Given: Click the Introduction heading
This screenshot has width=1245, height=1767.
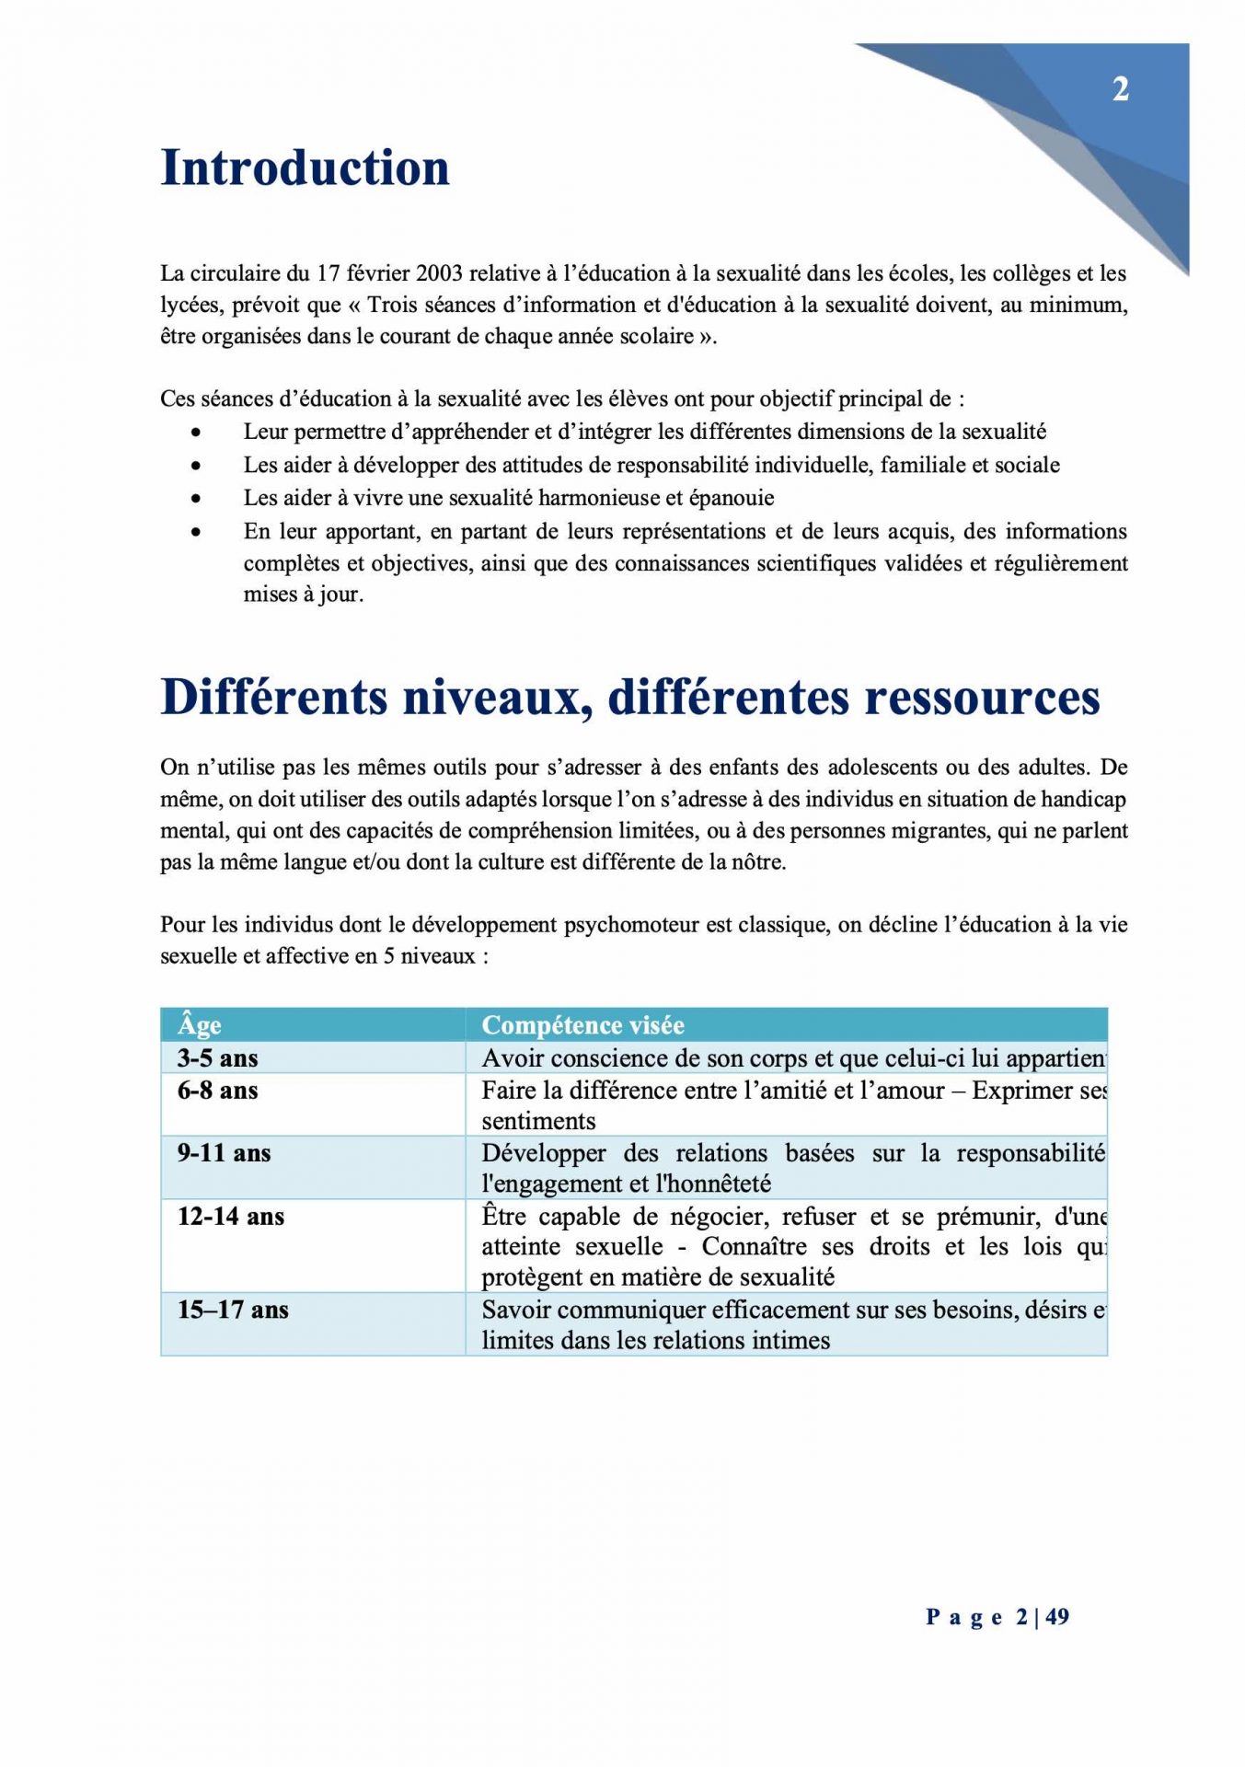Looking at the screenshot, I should pos(305,167).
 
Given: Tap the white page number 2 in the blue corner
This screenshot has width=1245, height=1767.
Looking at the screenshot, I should pos(1120,89).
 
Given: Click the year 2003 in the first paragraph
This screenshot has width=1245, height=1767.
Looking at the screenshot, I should pos(439,273).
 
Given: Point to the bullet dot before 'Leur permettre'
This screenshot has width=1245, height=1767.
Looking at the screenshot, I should pos(196,432).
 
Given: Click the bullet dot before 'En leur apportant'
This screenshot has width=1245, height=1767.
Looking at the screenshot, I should pos(196,531).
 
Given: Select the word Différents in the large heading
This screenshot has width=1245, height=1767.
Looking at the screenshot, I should pos(274,697).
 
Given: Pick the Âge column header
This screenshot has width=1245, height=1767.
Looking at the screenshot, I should pos(200,1024).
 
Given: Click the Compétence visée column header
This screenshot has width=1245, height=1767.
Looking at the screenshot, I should pos(582,1024).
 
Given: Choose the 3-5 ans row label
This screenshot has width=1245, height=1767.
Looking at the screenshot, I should pos(217,1057).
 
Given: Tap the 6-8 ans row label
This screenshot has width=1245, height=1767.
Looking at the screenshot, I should pos(217,1090).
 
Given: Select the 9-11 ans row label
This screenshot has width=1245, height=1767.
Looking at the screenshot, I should pos(224,1152).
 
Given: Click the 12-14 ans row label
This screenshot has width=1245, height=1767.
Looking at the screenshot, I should pos(231,1216).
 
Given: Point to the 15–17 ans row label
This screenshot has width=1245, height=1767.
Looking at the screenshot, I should pos(233,1309).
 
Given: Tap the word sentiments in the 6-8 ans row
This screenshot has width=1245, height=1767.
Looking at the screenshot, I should pos(538,1121).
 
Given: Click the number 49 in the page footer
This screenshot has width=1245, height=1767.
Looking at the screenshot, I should pos(1057,1616).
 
